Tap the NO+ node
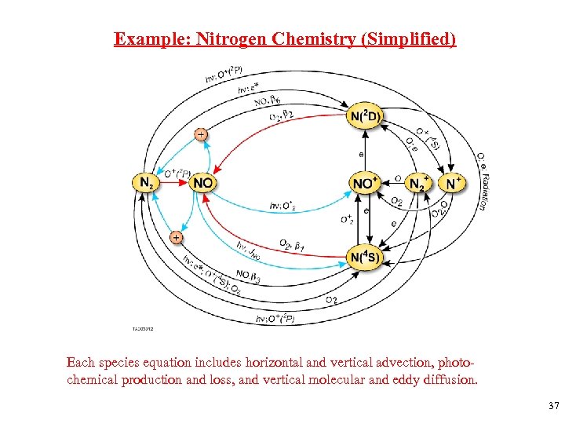(x=365, y=184)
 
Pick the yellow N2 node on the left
(x=146, y=183)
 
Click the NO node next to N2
(x=203, y=183)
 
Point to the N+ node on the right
(x=453, y=184)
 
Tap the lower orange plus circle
(x=176, y=236)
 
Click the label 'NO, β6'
(x=268, y=100)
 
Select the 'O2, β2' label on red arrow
(x=281, y=115)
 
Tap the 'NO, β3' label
(x=248, y=276)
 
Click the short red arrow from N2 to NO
(x=177, y=184)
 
